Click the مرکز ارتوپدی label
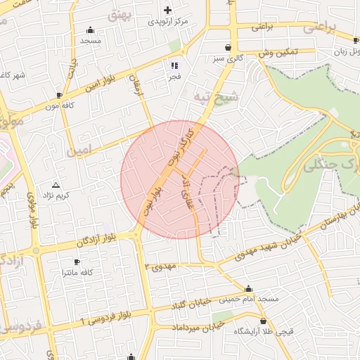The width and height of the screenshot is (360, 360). (167, 22)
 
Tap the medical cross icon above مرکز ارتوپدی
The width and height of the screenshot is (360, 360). (167, 10)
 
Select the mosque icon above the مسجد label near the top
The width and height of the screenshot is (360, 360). (91, 30)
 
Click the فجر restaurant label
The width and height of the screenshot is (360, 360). (173, 76)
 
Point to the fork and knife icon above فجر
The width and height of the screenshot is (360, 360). (173, 65)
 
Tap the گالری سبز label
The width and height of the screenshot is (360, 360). (231, 59)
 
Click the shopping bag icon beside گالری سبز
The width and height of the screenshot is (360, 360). (229, 48)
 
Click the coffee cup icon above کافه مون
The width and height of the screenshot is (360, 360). (59, 94)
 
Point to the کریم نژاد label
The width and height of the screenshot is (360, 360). (57, 194)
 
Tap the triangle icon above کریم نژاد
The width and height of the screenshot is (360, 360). (56, 184)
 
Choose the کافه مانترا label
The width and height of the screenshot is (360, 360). (78, 271)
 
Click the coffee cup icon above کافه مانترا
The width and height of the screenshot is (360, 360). (76, 261)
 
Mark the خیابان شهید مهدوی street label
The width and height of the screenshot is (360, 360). (252, 251)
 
